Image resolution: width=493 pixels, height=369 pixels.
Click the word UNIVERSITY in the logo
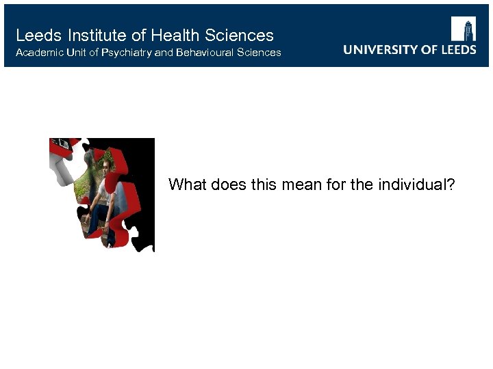click(381, 49)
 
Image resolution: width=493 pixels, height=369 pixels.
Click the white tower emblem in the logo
click(463, 29)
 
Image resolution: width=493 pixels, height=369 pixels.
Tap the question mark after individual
click(450, 184)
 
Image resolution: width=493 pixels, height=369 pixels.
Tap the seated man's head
click(106, 165)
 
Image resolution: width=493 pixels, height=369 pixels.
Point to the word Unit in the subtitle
click(78, 53)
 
